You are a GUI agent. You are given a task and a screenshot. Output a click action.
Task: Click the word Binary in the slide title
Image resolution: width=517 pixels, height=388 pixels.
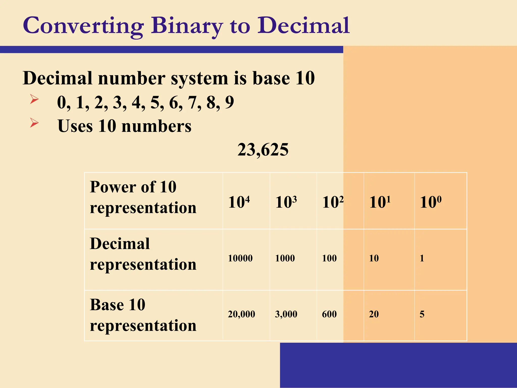tap(187, 26)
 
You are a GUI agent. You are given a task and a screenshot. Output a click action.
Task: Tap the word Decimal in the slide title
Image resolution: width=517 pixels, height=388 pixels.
tap(303, 25)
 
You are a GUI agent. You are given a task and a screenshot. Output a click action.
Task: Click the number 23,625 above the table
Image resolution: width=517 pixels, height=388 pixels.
tap(263, 150)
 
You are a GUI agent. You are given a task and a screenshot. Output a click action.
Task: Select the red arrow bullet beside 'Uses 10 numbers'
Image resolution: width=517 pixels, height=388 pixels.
tap(34, 123)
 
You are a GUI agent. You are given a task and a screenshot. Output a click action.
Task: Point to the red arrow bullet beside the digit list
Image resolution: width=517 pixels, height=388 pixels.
tap(34, 99)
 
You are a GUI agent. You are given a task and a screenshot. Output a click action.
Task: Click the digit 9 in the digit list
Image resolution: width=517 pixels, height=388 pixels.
tap(229, 102)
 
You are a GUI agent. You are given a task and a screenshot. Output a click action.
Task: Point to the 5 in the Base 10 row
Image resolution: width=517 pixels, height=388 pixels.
tap(422, 314)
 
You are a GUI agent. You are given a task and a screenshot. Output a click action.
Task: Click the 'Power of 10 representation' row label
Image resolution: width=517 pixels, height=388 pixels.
tap(143, 197)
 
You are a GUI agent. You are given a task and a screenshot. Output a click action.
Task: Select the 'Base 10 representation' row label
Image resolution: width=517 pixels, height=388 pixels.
tap(143, 315)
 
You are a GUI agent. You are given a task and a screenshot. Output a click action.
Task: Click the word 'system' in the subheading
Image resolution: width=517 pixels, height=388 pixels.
tap(199, 78)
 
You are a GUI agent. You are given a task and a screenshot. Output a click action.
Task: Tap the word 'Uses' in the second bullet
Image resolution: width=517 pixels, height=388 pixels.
tap(75, 126)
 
